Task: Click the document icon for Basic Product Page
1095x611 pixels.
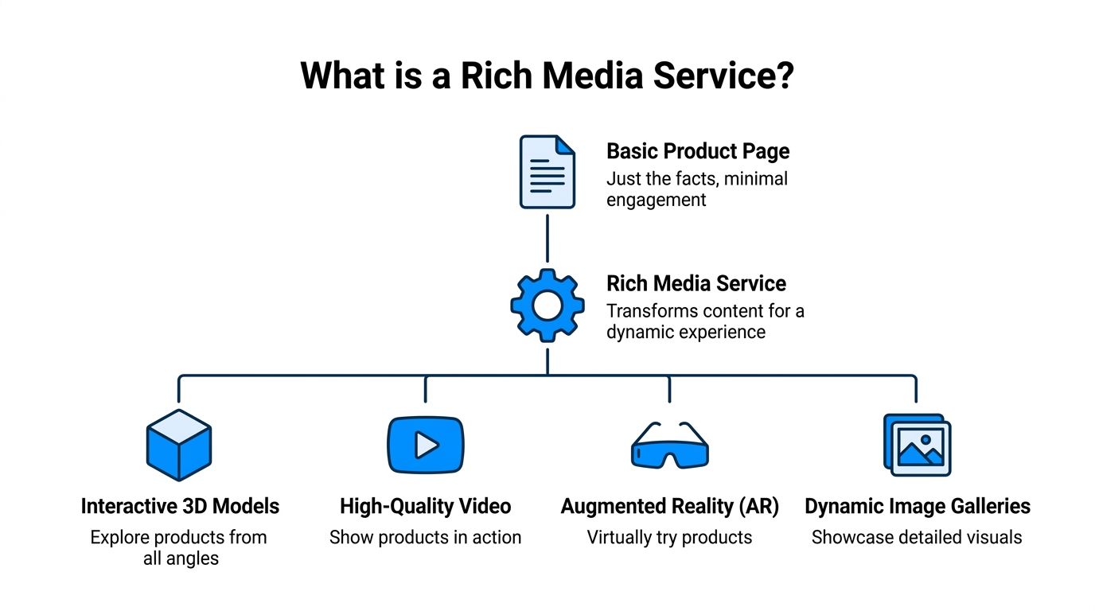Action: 547,172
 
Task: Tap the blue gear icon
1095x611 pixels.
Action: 547,305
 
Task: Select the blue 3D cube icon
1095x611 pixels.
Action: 179,445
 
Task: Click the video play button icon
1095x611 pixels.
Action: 425,445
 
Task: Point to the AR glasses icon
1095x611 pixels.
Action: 669,446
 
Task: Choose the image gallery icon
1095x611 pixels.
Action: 917,445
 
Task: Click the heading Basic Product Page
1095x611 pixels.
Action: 698,151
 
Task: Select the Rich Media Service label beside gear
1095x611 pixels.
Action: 696,284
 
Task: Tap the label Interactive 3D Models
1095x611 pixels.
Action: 180,506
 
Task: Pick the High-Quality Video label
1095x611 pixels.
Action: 425,506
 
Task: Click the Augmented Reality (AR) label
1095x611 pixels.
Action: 669,506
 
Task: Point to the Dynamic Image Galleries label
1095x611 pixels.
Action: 917,506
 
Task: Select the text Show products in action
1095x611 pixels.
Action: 425,537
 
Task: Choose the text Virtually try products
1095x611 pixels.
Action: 669,537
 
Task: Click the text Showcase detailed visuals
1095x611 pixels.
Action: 917,537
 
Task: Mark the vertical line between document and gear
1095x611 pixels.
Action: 547,237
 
